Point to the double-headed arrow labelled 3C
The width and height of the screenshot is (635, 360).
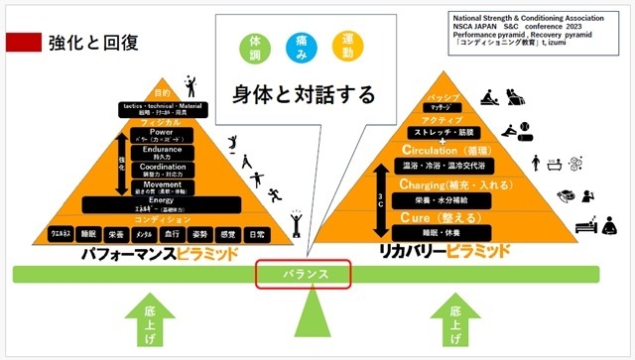tap(380, 202)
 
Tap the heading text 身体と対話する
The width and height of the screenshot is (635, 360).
tap(304, 95)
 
